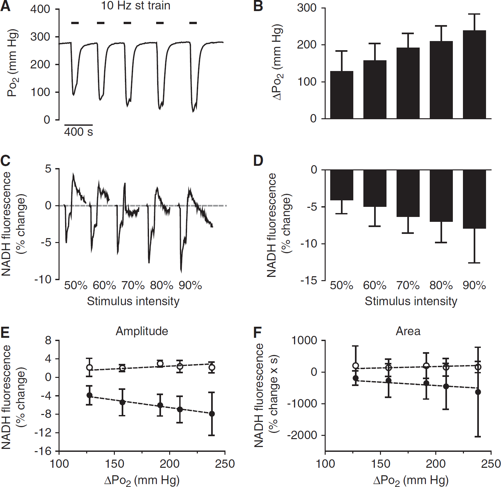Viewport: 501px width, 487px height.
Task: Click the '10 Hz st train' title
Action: coord(136,6)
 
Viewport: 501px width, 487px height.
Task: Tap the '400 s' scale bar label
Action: coord(78,132)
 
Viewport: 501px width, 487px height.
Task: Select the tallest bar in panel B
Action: coord(474,75)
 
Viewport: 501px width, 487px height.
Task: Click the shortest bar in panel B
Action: coord(342,95)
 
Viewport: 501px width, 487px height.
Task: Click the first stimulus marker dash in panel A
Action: coord(75,23)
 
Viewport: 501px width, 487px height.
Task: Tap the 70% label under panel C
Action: coord(133,286)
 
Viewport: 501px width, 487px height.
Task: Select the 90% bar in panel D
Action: coord(474,199)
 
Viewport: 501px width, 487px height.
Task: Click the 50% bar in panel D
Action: coord(342,185)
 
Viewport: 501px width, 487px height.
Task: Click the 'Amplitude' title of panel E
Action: coord(142,331)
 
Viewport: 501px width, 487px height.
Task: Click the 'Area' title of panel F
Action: coord(408,331)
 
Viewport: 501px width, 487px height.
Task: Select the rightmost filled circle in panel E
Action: coord(212,414)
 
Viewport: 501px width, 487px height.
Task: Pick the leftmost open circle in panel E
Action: coord(89,367)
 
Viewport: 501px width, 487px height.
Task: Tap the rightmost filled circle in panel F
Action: coord(478,392)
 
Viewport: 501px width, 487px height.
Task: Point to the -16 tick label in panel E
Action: coord(44,451)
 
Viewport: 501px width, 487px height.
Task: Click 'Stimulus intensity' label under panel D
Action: coord(411,301)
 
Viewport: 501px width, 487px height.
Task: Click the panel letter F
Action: coord(258,333)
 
